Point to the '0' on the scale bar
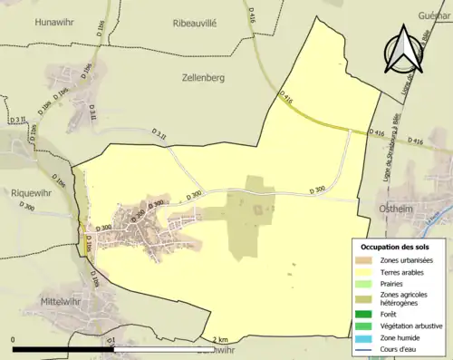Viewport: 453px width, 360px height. click(13, 339)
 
